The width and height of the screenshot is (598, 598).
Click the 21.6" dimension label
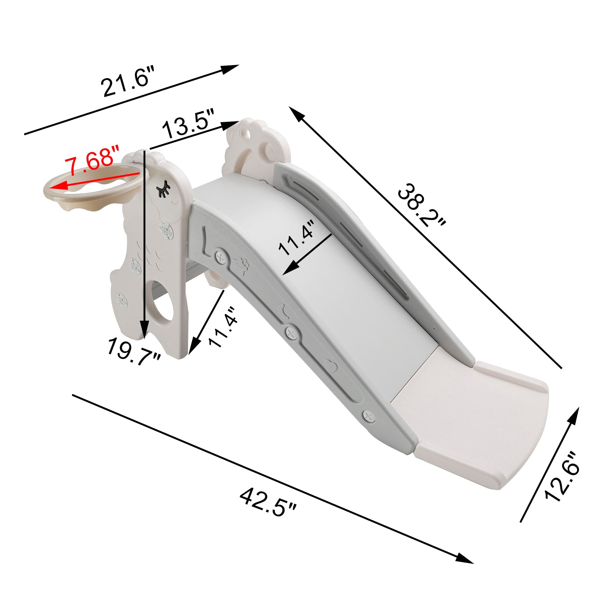point(127,81)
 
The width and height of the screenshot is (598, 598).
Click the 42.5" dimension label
point(268,502)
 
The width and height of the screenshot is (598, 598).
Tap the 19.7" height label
point(134,351)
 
